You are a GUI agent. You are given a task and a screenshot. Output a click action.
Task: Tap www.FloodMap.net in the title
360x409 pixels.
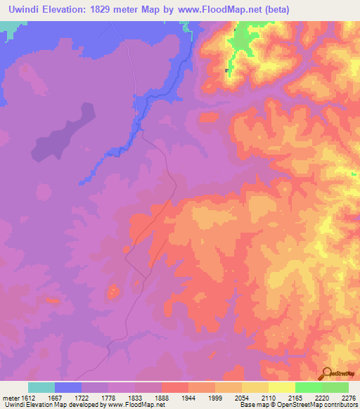219,8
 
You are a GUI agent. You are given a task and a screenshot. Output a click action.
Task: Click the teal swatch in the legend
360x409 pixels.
41,387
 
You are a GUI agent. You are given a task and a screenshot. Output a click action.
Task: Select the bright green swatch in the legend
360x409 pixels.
309,387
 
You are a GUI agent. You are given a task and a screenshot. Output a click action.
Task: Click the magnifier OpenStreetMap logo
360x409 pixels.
326,372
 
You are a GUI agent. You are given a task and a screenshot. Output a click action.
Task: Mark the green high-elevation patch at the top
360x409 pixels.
242,42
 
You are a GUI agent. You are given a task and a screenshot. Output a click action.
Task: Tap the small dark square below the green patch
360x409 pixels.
226,70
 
